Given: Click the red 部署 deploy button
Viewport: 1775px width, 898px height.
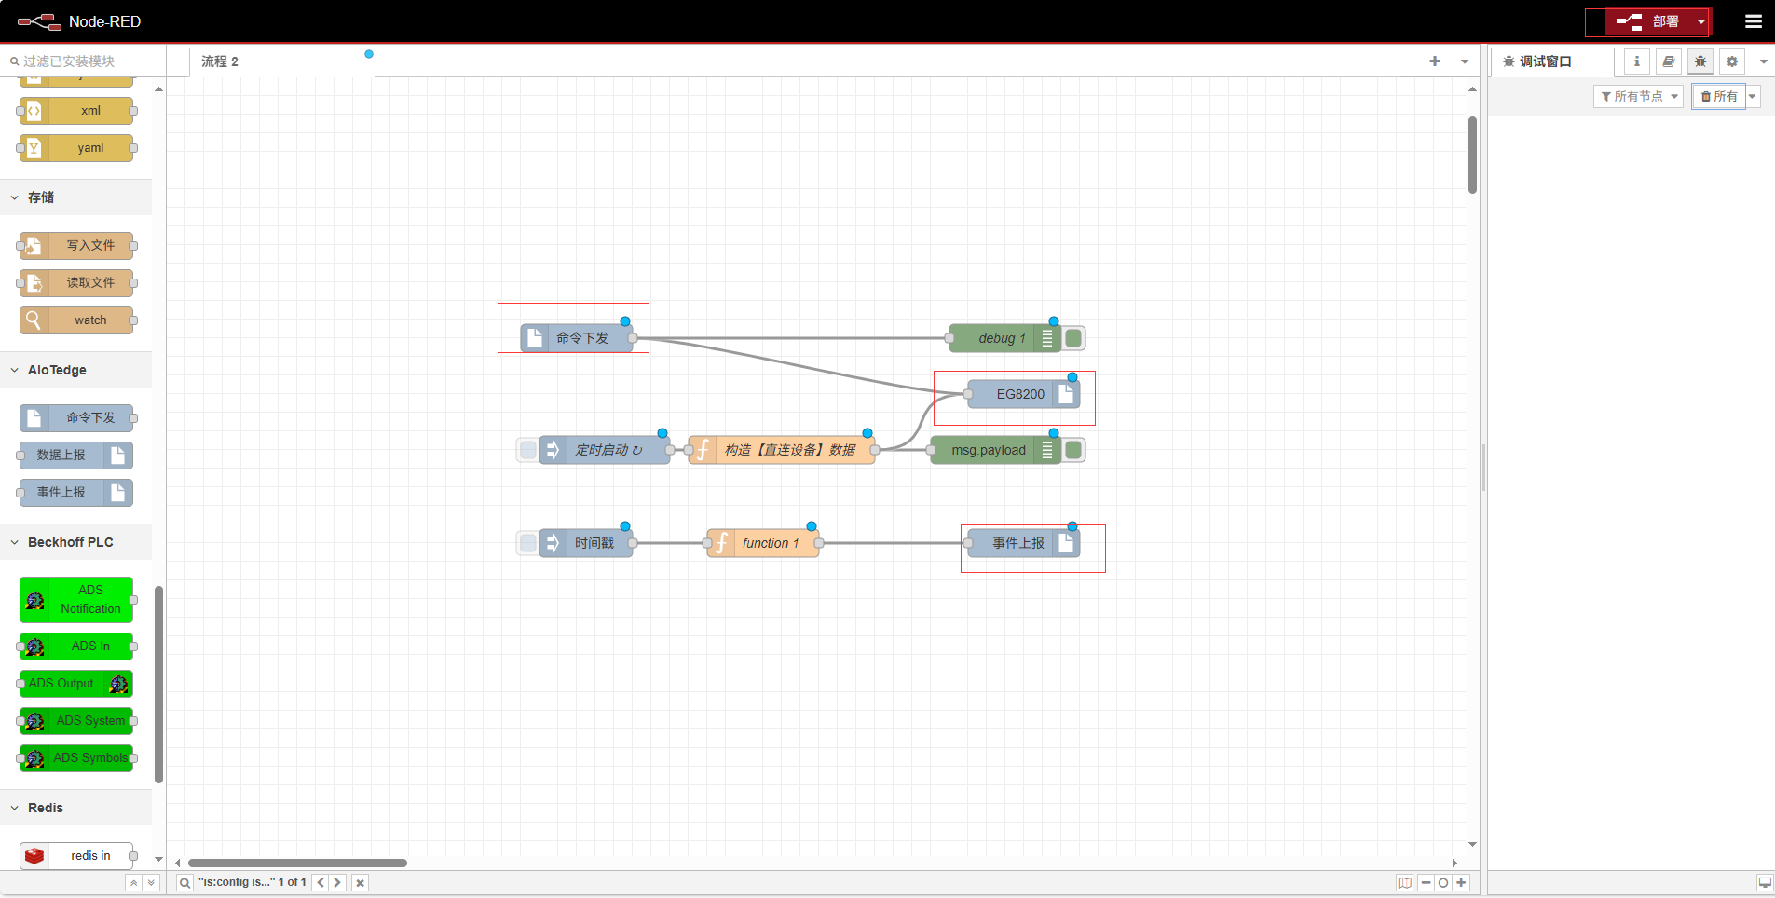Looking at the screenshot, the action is [x=1647, y=21].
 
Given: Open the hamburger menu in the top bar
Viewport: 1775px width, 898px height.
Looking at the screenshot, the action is [x=1754, y=21].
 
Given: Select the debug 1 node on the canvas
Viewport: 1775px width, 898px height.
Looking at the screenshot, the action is [x=1004, y=338].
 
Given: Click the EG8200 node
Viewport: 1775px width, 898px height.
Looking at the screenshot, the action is [x=1024, y=394].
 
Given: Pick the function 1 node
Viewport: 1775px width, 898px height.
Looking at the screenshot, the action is [x=763, y=543].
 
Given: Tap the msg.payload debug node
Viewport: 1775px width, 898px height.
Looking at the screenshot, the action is [x=995, y=450].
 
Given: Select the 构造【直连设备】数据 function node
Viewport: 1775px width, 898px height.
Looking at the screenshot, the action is [x=782, y=450].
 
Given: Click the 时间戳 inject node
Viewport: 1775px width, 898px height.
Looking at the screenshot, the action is [x=586, y=543].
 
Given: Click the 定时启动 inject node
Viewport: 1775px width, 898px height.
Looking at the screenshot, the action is [x=605, y=450].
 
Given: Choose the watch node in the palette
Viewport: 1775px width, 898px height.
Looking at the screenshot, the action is [x=76, y=320].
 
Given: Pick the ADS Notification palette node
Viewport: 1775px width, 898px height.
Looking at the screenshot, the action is [x=76, y=600].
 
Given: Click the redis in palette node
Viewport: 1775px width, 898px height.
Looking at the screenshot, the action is [x=76, y=856].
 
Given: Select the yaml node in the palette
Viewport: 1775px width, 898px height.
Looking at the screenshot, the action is [x=76, y=148].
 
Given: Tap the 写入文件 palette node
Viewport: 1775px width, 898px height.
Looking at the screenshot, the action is [x=76, y=246].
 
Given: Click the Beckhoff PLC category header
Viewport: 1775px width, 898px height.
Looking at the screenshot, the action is [x=71, y=542].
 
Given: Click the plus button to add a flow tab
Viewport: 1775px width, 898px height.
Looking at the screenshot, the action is [x=1435, y=61].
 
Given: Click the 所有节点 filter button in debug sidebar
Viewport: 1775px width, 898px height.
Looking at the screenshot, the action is [x=1638, y=97].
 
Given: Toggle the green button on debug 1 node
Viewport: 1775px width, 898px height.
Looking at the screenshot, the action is [x=1073, y=338].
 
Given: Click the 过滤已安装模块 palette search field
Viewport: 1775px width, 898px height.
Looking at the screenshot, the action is [x=84, y=61].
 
